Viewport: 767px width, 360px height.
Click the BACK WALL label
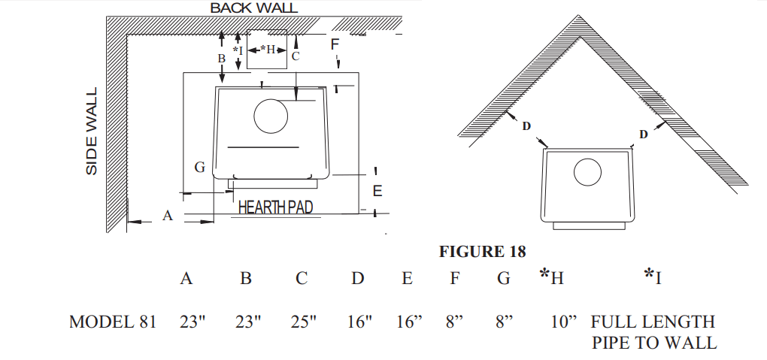coord(253,8)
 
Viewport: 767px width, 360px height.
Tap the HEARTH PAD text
coord(275,207)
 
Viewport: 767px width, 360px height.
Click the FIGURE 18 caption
coord(482,251)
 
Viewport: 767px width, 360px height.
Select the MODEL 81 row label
coord(113,322)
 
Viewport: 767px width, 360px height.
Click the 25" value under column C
coord(304,322)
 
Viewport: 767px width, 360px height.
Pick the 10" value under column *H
coord(563,322)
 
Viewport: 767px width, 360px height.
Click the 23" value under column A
coord(193,322)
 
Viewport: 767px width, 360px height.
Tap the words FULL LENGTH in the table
coord(653,322)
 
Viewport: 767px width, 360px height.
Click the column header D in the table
coord(358,279)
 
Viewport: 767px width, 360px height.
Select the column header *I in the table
coord(653,277)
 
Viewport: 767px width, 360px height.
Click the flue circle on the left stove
coord(271,116)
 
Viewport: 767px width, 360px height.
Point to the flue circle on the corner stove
coord(587,172)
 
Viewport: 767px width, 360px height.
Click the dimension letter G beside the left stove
coord(200,168)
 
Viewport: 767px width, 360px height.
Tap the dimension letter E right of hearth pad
coord(377,192)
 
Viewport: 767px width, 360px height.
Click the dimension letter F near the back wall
coord(335,44)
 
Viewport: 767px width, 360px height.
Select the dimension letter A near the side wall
coord(168,216)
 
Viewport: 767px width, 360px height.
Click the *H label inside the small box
coord(267,50)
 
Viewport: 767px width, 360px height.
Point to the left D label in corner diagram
coord(526,126)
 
